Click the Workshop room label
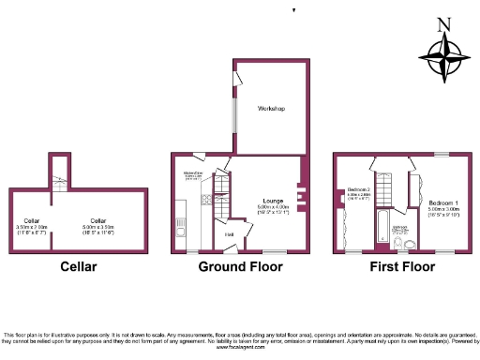coord(272,109)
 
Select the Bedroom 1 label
coord(443,202)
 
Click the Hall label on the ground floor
coord(229,233)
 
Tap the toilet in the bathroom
coord(401,244)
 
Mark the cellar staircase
coord(58,177)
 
